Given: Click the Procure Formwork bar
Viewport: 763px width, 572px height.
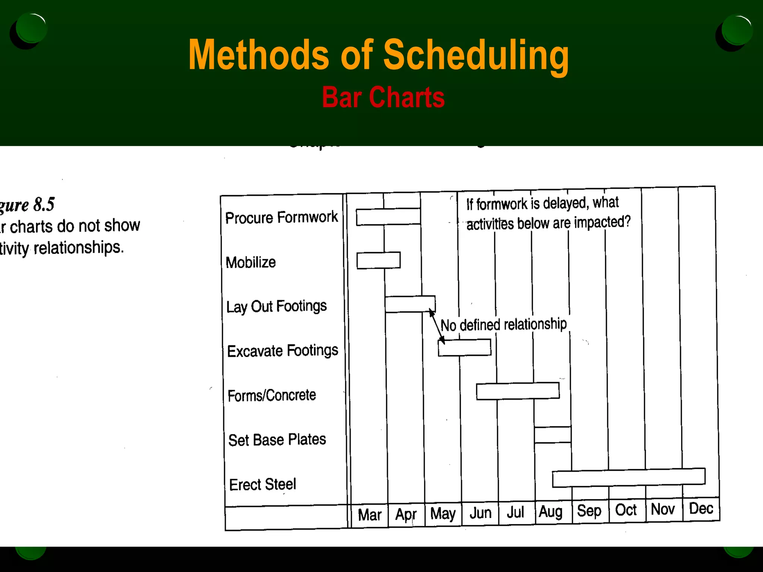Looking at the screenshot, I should coord(388,217).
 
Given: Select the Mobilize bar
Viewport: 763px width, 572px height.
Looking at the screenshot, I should coord(379,260).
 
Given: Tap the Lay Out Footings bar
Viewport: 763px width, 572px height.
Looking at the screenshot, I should coord(410,304).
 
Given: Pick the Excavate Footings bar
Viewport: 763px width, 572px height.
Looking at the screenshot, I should coord(464,347).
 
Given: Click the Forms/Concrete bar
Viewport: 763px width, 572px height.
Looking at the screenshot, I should coord(517,391).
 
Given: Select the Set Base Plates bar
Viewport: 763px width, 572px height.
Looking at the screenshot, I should coord(553,435).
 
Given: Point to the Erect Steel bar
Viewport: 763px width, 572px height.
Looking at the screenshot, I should coord(629,477).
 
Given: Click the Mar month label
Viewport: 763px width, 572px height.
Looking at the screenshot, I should coord(370,515).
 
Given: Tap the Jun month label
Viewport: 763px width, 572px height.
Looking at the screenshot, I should coord(480,513).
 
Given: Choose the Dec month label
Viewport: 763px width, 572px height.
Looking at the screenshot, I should coord(701,509).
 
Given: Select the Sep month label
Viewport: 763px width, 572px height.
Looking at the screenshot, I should coord(589,511).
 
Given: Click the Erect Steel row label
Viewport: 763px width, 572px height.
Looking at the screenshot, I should coord(263,484).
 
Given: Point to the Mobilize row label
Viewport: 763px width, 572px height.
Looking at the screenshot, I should coord(251,263).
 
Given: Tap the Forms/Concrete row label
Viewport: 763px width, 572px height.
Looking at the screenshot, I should coord(272,395).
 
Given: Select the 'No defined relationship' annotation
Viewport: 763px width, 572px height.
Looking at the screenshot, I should coord(503,325).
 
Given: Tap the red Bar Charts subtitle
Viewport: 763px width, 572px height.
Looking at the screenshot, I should coord(383,98).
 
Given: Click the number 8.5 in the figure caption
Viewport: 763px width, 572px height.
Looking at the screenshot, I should coord(44,204).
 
